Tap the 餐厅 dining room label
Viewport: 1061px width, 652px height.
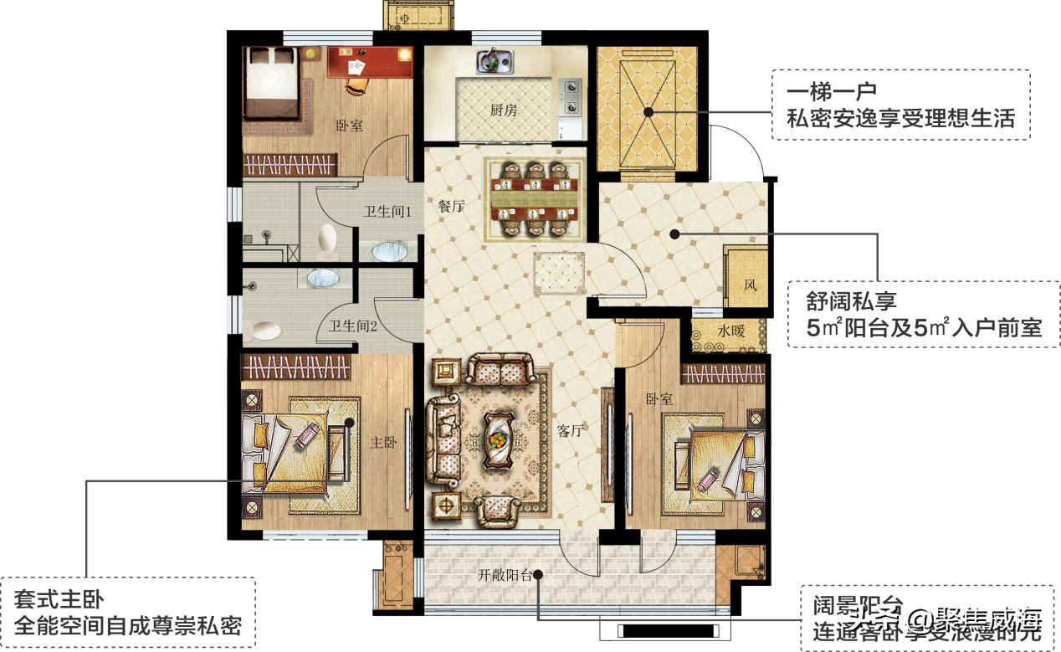451,207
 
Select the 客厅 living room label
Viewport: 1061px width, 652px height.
569,431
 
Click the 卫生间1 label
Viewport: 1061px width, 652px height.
386,213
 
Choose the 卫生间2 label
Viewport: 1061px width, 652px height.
352,326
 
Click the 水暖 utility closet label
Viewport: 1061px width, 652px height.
729,330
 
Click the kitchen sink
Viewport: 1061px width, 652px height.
495,61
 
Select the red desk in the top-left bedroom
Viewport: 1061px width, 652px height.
369,61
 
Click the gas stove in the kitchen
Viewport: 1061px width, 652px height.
571,96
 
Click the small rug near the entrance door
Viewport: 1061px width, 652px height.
560,272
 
